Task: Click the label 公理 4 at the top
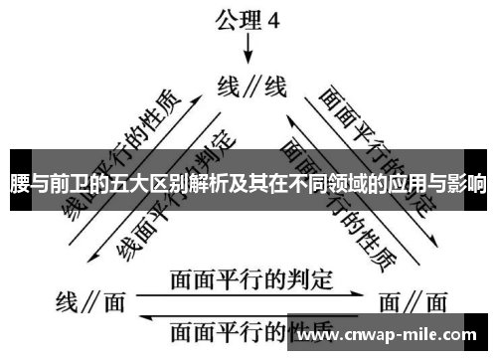pos(249,17)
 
